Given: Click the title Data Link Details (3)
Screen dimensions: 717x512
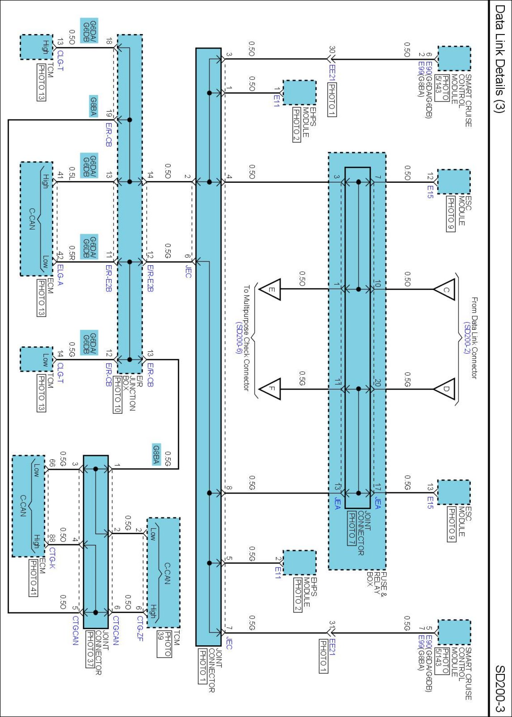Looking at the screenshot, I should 499,59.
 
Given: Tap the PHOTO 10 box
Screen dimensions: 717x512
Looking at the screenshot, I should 117,395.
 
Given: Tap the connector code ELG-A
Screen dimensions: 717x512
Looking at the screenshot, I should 60,275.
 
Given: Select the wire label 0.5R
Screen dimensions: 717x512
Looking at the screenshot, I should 72,252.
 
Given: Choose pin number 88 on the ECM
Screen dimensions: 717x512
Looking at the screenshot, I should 52,539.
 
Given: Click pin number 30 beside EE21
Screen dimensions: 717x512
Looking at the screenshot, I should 332,49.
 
